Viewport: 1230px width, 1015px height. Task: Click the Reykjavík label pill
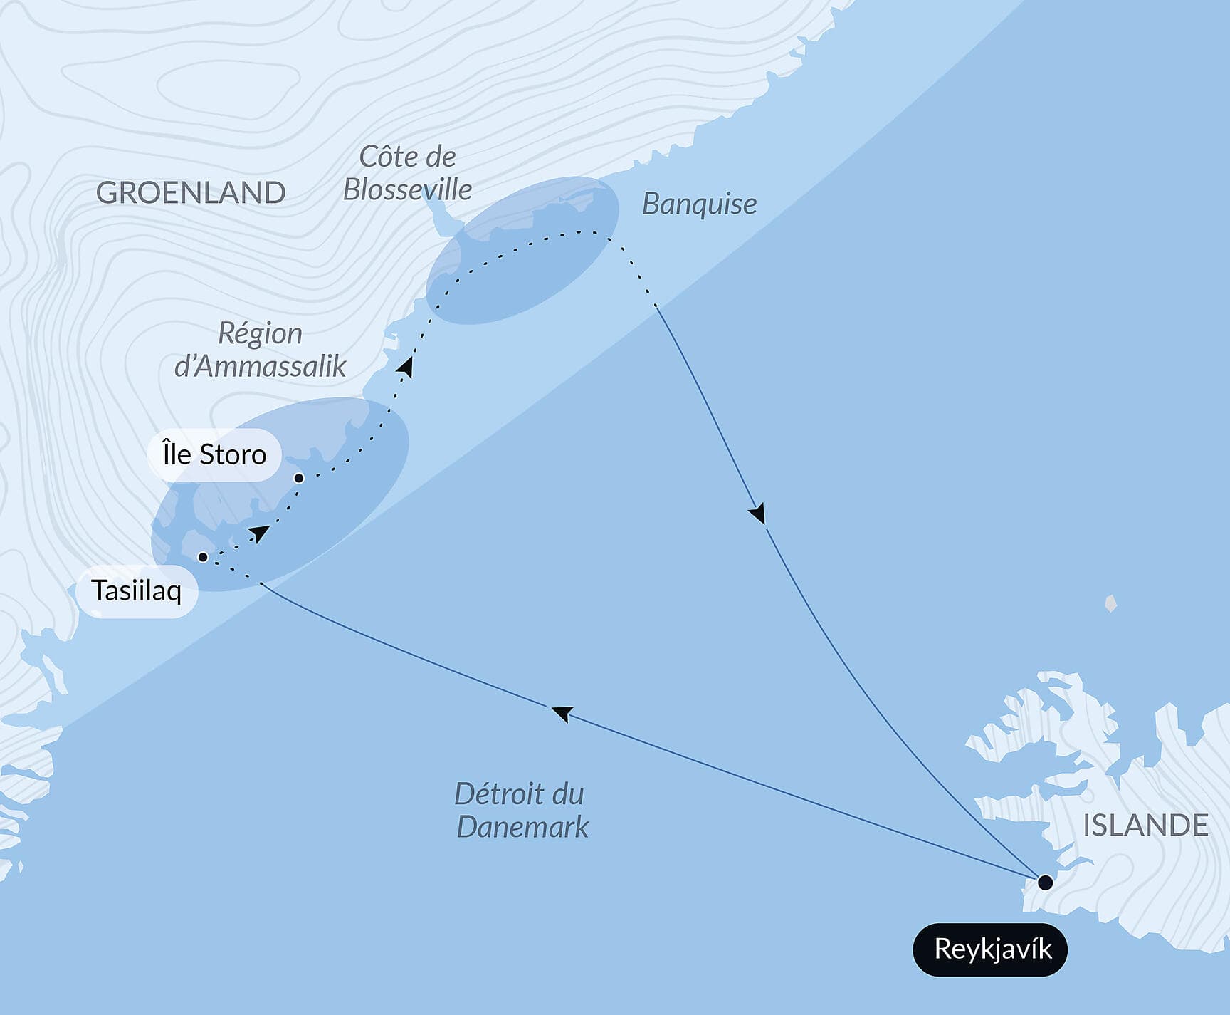point(990,949)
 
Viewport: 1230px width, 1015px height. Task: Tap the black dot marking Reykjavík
point(1045,883)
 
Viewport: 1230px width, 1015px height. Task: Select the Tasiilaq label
point(136,590)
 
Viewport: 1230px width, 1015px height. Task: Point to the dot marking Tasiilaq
point(203,557)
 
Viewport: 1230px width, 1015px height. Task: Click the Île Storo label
point(214,454)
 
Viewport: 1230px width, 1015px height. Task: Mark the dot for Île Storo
point(299,478)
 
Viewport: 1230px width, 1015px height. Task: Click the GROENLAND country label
point(191,193)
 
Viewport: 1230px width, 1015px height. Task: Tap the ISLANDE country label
point(1145,826)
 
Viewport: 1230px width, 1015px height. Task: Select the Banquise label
point(699,204)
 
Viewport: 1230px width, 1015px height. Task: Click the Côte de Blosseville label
point(407,173)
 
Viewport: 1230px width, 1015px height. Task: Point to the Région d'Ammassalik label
point(261,350)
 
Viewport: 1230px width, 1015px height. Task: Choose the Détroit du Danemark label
point(521,811)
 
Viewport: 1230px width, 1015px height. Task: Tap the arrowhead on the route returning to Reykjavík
point(757,514)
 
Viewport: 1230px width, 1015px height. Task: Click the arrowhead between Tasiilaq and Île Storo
point(259,533)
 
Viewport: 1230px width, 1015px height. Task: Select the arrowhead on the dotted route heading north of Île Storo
point(406,366)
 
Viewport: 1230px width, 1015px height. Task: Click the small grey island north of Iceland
point(1110,604)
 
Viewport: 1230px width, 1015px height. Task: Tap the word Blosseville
point(407,190)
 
